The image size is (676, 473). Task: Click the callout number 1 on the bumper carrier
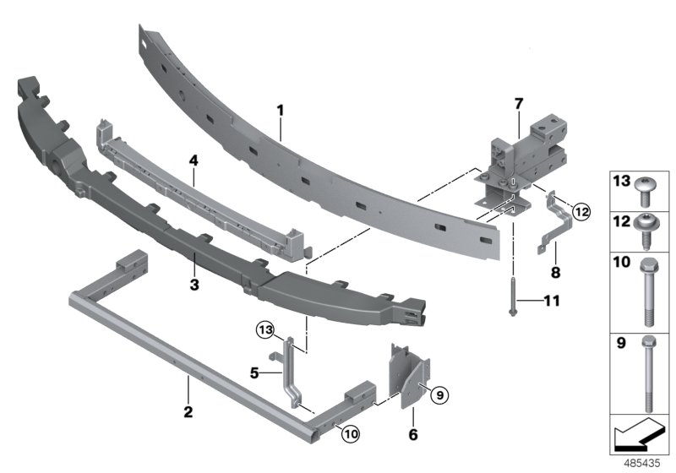(281, 110)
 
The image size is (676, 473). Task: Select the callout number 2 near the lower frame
(188, 412)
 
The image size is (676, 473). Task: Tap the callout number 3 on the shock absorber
(194, 285)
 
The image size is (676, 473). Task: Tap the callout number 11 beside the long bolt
(550, 300)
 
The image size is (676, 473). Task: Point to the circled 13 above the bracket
(265, 328)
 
